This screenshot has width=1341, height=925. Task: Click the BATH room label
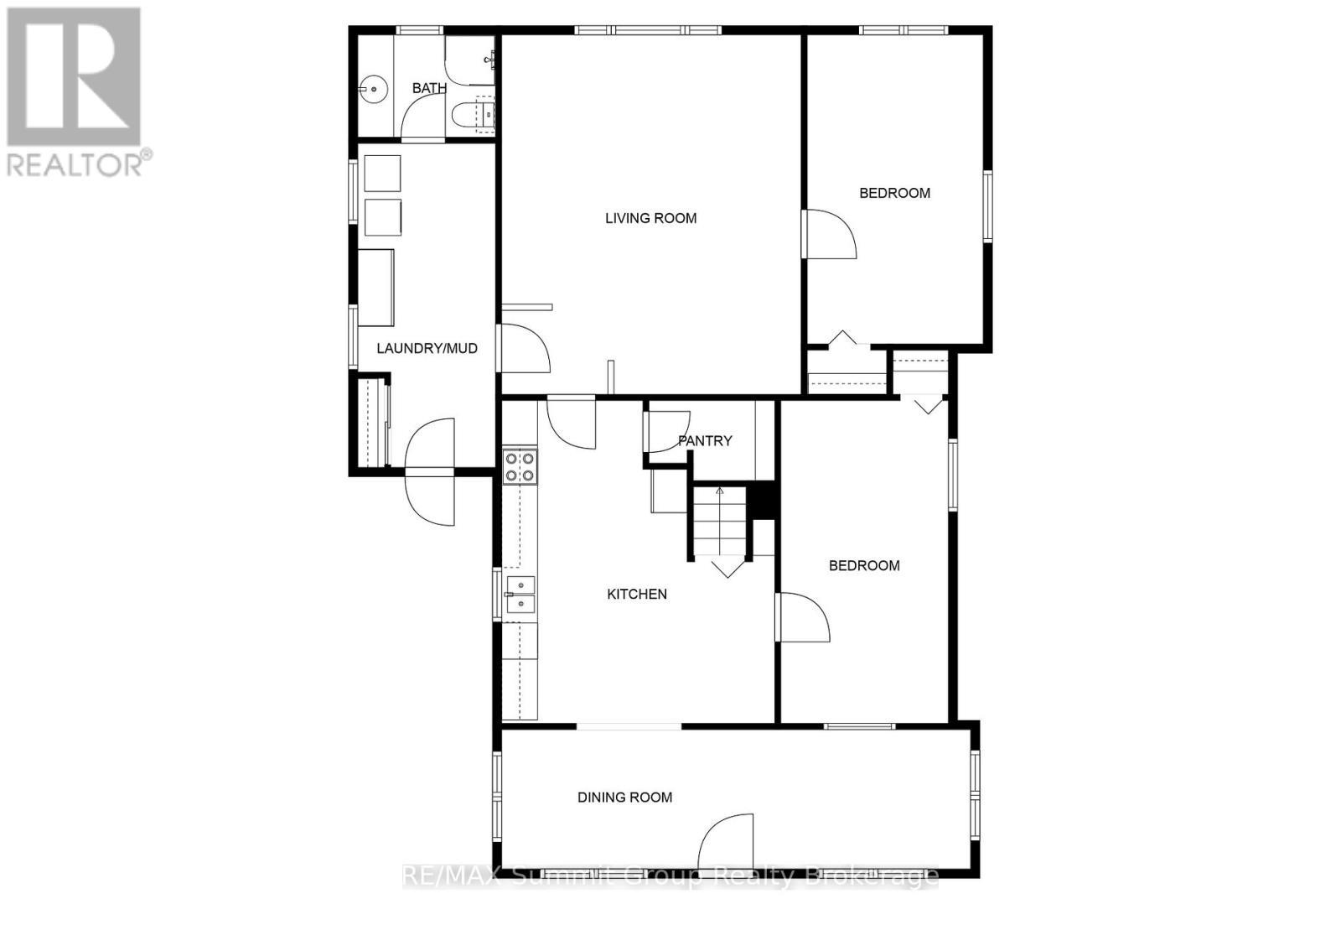(429, 88)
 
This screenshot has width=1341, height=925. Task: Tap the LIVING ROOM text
(650, 218)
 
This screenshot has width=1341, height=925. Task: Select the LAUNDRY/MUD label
(427, 348)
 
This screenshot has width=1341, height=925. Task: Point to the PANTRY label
(705, 440)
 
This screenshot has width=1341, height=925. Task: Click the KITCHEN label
(637, 594)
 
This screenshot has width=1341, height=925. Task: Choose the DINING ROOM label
(624, 798)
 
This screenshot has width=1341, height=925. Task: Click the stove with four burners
(520, 467)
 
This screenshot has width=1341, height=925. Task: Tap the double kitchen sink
(520, 595)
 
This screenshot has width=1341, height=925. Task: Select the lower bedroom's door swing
(803, 618)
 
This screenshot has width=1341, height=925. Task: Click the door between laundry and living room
(524, 348)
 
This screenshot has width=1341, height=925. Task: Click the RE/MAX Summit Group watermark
(670, 877)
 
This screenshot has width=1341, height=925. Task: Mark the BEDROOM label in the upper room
(894, 193)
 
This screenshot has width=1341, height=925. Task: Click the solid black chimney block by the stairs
(763, 501)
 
